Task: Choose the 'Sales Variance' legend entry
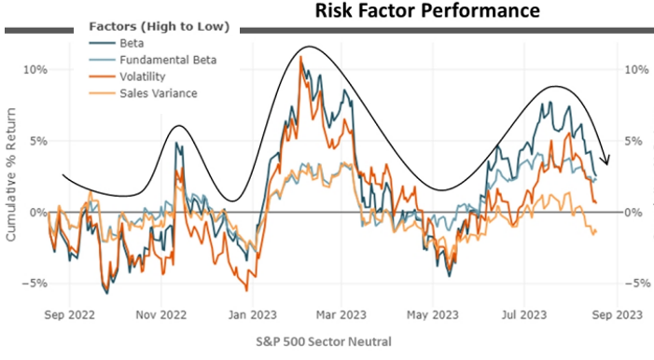tap(152, 93)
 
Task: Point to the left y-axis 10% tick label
tap(34, 69)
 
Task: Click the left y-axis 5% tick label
tap(36, 141)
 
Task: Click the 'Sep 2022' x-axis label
tap(70, 315)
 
